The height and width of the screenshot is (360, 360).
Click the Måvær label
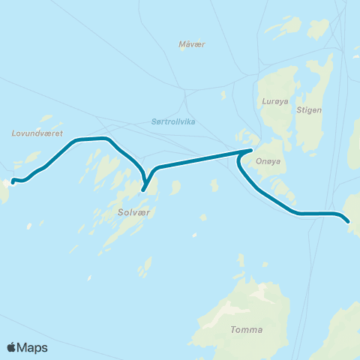[192, 44]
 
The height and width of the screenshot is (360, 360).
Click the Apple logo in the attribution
[12, 347]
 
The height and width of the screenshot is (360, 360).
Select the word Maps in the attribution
[33, 347]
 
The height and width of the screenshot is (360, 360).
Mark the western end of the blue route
[13, 180]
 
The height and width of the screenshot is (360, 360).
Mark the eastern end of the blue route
[349, 222]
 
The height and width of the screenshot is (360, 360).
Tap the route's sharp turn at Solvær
[143, 189]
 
